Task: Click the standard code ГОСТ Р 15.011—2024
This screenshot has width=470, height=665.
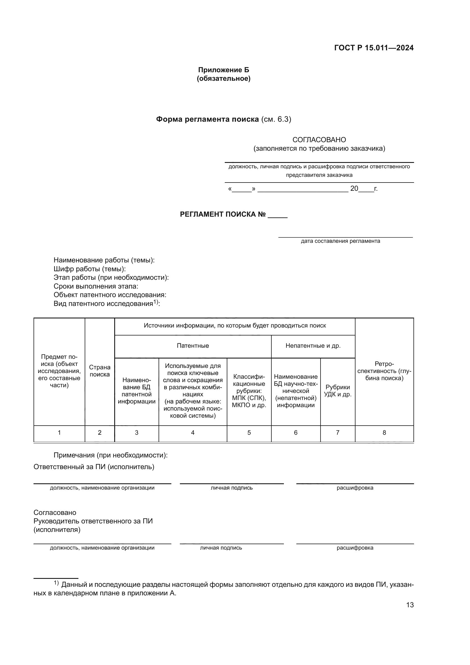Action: click(374, 48)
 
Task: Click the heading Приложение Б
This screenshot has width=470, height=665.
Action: click(223, 70)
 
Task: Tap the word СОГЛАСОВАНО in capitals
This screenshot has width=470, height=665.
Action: click(319, 140)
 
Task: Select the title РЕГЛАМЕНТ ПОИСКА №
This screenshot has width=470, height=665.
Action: click(222, 214)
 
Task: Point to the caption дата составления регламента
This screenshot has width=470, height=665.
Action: click(340, 241)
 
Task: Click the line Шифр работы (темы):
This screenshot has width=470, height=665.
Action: click(90, 269)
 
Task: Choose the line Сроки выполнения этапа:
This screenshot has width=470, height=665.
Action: click(96, 286)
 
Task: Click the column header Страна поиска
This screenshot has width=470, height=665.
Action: click(99, 371)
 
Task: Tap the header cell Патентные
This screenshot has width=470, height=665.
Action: click(193, 345)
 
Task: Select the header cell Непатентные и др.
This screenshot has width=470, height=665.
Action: click(313, 345)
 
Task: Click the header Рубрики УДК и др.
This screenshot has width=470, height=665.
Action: click(338, 391)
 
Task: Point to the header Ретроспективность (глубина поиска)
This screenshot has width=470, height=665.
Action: click(384, 371)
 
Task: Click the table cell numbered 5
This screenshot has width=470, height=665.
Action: click(249, 432)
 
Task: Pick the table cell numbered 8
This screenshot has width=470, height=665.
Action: click(384, 432)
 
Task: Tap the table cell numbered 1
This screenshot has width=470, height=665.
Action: click(59, 432)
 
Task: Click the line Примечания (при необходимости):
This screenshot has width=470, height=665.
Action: click(111, 455)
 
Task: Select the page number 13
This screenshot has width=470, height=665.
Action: click(410, 605)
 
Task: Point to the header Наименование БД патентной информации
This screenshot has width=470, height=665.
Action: click(137, 391)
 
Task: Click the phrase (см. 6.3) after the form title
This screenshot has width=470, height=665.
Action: click(276, 119)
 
